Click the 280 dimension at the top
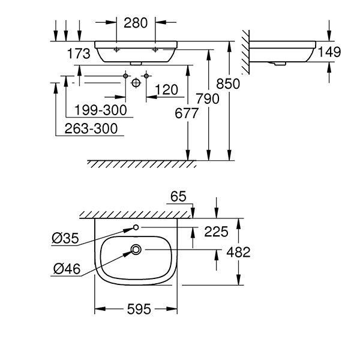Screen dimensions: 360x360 coord(136,24)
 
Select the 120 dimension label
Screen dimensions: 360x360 coord(166,90)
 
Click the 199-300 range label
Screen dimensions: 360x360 coord(101,110)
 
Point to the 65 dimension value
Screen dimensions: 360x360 coord(178,197)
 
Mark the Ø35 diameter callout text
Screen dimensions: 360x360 coord(64,239)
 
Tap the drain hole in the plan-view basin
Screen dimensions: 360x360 coord(136,250)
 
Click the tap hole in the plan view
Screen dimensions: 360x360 coord(136,227)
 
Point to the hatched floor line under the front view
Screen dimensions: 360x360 coord(142,164)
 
